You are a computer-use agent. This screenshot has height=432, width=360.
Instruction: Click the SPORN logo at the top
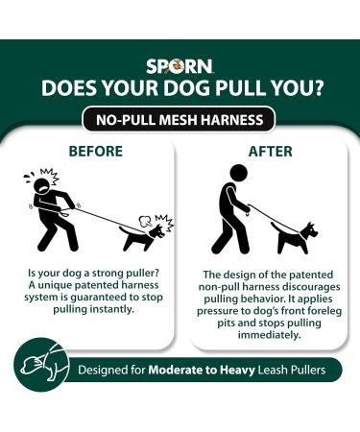180,66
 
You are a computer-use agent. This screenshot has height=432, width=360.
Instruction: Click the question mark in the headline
315,87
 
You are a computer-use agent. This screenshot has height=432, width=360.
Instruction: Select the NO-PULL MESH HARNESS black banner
180,120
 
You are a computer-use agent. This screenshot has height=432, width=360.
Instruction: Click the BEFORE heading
96,151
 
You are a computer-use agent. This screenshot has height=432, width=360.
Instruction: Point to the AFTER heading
271,152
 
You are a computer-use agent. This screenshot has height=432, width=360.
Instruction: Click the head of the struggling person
42,184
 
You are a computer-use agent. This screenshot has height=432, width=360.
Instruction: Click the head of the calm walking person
238,173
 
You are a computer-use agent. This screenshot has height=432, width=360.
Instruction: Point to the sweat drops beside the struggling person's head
29,178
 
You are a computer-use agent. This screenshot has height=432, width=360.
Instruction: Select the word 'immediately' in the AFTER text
269,335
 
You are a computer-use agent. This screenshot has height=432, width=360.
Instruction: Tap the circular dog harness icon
41,365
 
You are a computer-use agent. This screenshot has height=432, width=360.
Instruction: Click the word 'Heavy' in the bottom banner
237,371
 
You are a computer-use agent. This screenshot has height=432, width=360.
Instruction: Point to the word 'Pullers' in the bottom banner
308,370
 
